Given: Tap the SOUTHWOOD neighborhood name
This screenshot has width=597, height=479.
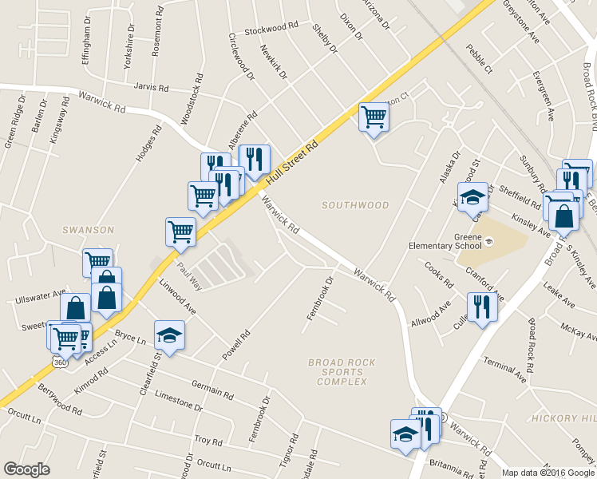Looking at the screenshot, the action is [x=355, y=205].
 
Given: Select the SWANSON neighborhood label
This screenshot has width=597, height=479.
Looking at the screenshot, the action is [x=89, y=230].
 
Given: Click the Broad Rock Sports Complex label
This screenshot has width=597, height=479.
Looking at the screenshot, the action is [x=341, y=372].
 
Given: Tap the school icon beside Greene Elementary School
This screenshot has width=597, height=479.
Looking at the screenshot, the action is [x=472, y=196].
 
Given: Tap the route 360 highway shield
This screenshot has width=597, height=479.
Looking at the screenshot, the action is [x=61, y=362].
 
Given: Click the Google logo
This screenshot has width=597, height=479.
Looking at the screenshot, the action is [x=26, y=469].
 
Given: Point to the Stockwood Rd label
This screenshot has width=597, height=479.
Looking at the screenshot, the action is [x=271, y=29].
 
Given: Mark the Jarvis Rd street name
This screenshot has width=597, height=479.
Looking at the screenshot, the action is [x=152, y=88].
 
